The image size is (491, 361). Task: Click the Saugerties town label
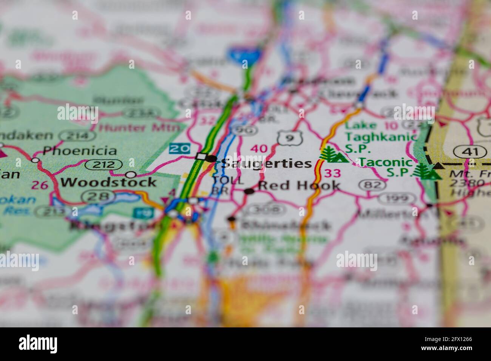click(x=266, y=164)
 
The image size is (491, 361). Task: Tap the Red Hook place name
click(x=299, y=185)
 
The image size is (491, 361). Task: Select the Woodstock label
click(x=108, y=182)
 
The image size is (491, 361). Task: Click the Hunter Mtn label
click(x=139, y=128)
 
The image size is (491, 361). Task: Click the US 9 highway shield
click(x=289, y=138)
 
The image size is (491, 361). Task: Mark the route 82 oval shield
click(x=372, y=185)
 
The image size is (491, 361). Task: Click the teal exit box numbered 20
click(x=179, y=148)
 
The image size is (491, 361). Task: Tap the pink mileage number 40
click(x=259, y=148)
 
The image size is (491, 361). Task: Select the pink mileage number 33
click(x=332, y=173)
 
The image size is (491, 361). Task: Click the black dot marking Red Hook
click(x=249, y=191)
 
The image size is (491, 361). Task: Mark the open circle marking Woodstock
click(x=131, y=174)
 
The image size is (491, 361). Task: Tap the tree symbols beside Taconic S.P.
click(x=427, y=171)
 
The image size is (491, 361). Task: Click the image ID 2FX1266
click(x=450, y=339)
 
